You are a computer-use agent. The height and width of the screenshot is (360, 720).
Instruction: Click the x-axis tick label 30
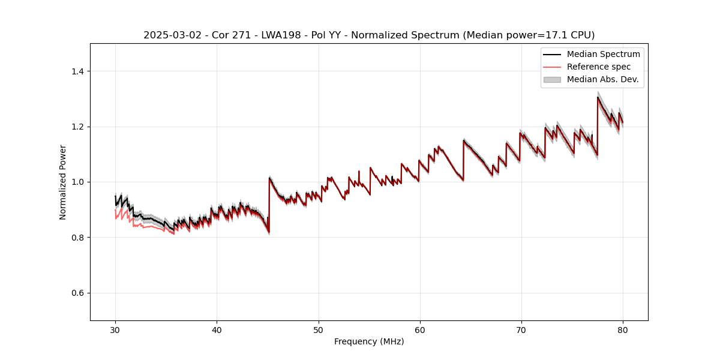[115, 329]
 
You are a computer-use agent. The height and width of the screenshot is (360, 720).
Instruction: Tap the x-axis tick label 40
[217, 329]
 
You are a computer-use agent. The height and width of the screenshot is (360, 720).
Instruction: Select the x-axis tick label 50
[319, 329]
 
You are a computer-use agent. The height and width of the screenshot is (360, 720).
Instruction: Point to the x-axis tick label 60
[420, 329]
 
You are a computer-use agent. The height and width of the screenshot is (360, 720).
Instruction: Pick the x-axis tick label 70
[521, 329]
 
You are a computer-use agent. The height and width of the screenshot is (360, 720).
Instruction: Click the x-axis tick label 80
[623, 329]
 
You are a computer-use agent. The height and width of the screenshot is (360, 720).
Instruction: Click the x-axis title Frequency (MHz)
[369, 341]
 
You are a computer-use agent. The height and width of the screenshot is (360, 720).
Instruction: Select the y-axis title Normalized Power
[63, 182]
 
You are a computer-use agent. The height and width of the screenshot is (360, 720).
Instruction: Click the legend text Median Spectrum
[603, 54]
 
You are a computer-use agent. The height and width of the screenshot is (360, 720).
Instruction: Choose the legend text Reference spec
[598, 67]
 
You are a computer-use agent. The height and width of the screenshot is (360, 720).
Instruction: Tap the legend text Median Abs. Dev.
[602, 79]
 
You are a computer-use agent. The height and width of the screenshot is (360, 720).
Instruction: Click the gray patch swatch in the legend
[552, 79]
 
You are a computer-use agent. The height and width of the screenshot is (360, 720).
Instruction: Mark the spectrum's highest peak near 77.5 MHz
[598, 97]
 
